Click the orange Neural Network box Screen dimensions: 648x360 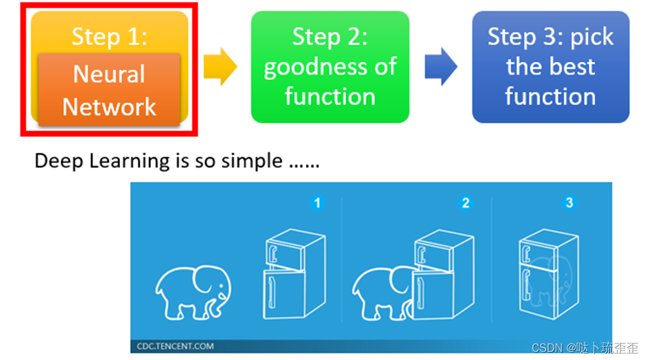109,90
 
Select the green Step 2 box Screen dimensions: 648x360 330,67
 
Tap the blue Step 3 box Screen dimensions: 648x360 550,67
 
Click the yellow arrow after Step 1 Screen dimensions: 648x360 220,67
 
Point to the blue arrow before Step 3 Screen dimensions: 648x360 440,67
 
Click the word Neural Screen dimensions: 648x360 109,74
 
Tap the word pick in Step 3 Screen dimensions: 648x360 592,37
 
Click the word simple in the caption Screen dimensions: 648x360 252,162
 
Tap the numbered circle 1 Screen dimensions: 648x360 317,202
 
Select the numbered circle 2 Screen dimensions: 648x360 466,202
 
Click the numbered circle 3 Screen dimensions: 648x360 569,202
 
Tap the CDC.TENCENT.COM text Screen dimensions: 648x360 176,346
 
